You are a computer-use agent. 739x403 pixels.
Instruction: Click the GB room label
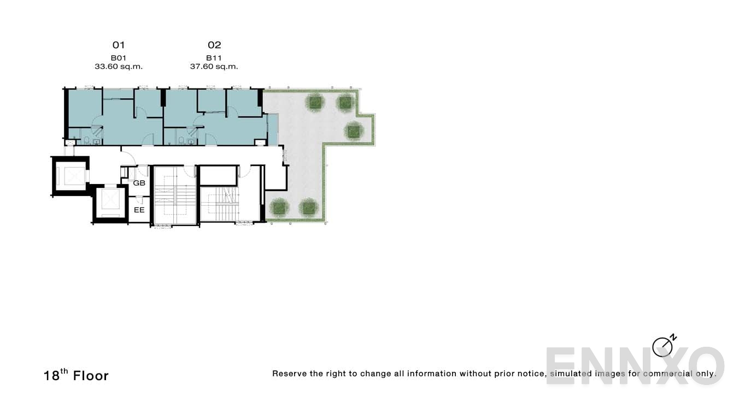[x=139, y=183]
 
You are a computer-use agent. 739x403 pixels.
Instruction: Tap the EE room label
[x=139, y=210]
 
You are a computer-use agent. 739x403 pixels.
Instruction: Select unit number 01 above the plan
[x=119, y=45]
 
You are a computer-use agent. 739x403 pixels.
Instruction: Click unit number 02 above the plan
[x=214, y=45]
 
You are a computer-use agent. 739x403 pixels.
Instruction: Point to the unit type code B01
[x=119, y=58]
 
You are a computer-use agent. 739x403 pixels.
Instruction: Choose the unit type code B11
[x=214, y=58]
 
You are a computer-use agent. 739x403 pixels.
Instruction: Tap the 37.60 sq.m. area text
[x=214, y=67]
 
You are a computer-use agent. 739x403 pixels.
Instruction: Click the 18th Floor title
[x=76, y=375]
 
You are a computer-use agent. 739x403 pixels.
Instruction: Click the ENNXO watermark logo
[x=635, y=365]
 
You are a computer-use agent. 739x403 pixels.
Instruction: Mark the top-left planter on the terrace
[x=315, y=102]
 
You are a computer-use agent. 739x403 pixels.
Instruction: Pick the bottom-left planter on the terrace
[x=279, y=207]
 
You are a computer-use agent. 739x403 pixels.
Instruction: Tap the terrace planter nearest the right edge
[x=354, y=131]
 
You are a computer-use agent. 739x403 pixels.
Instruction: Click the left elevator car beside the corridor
[x=71, y=176]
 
